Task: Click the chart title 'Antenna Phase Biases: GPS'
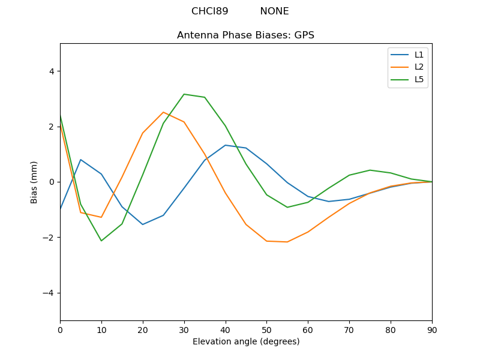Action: (x=245, y=35)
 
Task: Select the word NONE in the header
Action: (x=274, y=11)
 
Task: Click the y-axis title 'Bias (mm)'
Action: (x=34, y=182)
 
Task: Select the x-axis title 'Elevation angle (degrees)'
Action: (x=245, y=341)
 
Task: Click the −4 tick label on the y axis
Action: (x=49, y=293)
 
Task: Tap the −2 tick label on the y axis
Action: (x=49, y=238)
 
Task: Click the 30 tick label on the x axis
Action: (x=184, y=329)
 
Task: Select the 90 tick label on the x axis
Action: (x=431, y=329)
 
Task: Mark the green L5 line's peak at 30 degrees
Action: (x=184, y=94)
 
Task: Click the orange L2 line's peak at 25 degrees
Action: (x=163, y=112)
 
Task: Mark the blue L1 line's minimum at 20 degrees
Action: (x=143, y=224)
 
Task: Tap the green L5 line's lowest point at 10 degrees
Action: (x=101, y=241)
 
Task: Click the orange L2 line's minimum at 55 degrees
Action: (x=287, y=242)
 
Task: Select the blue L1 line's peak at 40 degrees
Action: (x=225, y=145)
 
